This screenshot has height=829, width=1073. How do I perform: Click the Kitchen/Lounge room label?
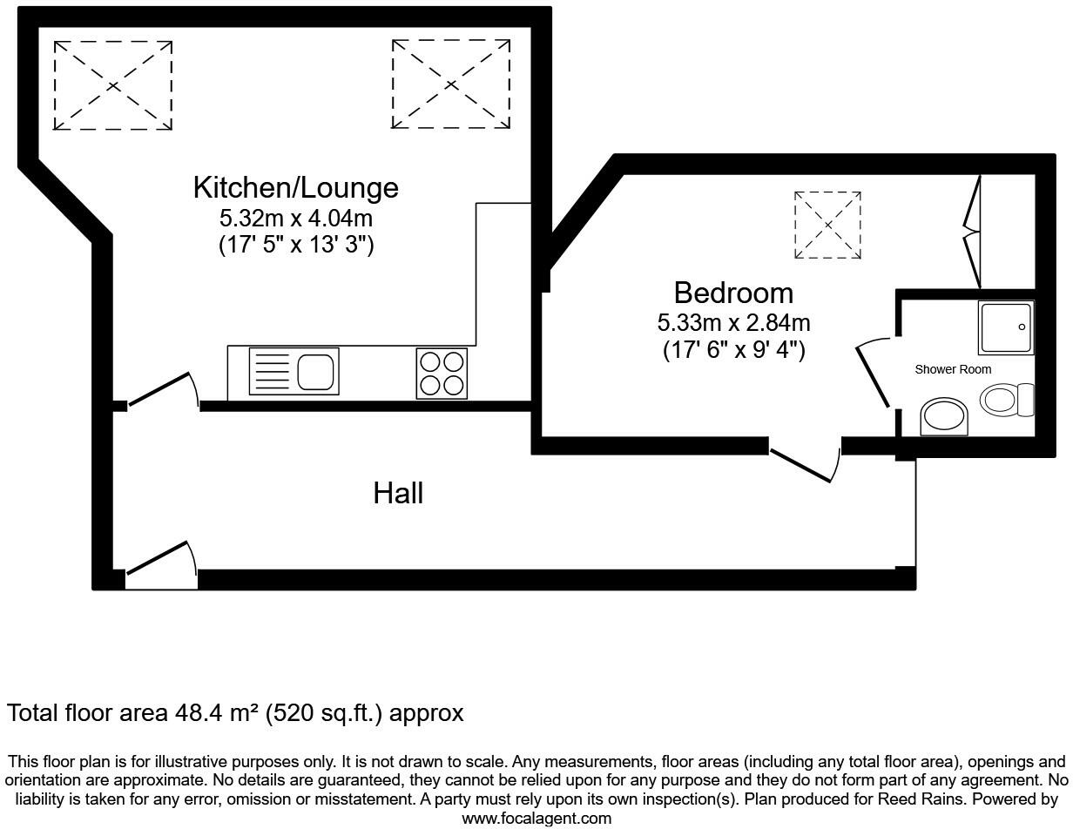296,188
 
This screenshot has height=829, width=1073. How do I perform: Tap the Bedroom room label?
733,293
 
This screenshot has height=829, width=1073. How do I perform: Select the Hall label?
398,493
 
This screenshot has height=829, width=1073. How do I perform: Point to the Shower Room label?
953,369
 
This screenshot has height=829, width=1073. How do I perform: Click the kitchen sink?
294,371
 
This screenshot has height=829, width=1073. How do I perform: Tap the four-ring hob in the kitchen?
442,374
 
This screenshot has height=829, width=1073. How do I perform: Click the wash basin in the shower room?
943,417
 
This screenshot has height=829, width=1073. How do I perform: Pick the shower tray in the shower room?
1006,327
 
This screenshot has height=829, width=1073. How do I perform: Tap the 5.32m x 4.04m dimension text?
296,219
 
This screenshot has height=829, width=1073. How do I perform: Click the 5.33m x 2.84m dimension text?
733,323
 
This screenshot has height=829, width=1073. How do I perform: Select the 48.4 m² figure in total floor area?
217,713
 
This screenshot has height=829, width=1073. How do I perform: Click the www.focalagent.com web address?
536,819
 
